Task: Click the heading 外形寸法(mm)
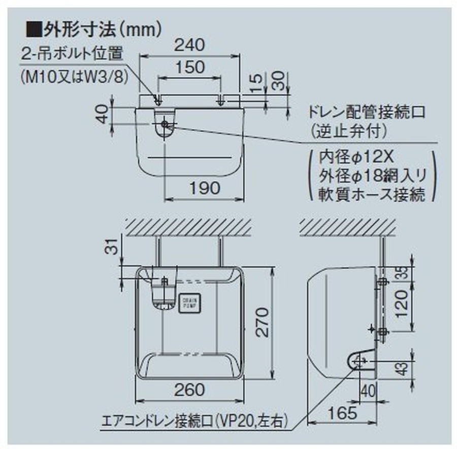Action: (x=96, y=28)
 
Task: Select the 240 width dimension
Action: (x=190, y=45)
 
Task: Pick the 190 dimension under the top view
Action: (x=205, y=188)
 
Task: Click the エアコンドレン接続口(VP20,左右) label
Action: (x=195, y=421)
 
